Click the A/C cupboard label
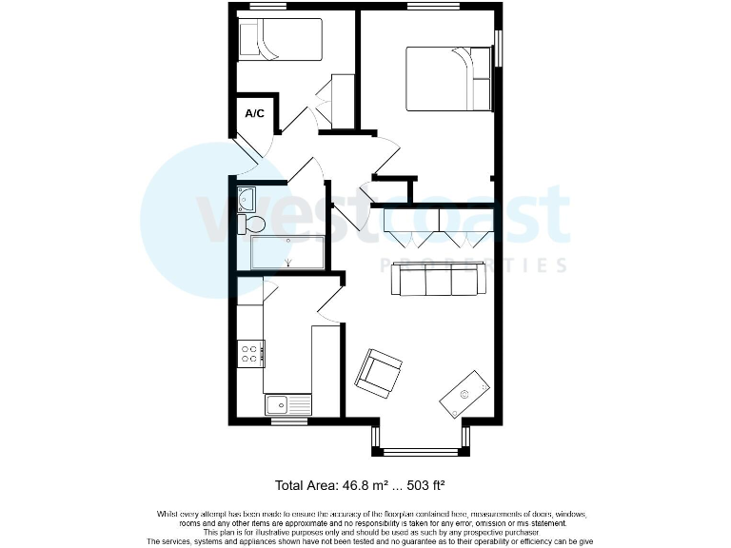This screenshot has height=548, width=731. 254,113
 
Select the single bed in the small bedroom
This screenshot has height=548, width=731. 280,40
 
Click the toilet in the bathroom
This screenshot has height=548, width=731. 252,224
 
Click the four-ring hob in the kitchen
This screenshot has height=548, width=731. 251,354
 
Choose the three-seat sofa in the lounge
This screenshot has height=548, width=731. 436,281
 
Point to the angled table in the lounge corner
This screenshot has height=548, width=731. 465,393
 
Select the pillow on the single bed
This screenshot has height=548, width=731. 249,40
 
